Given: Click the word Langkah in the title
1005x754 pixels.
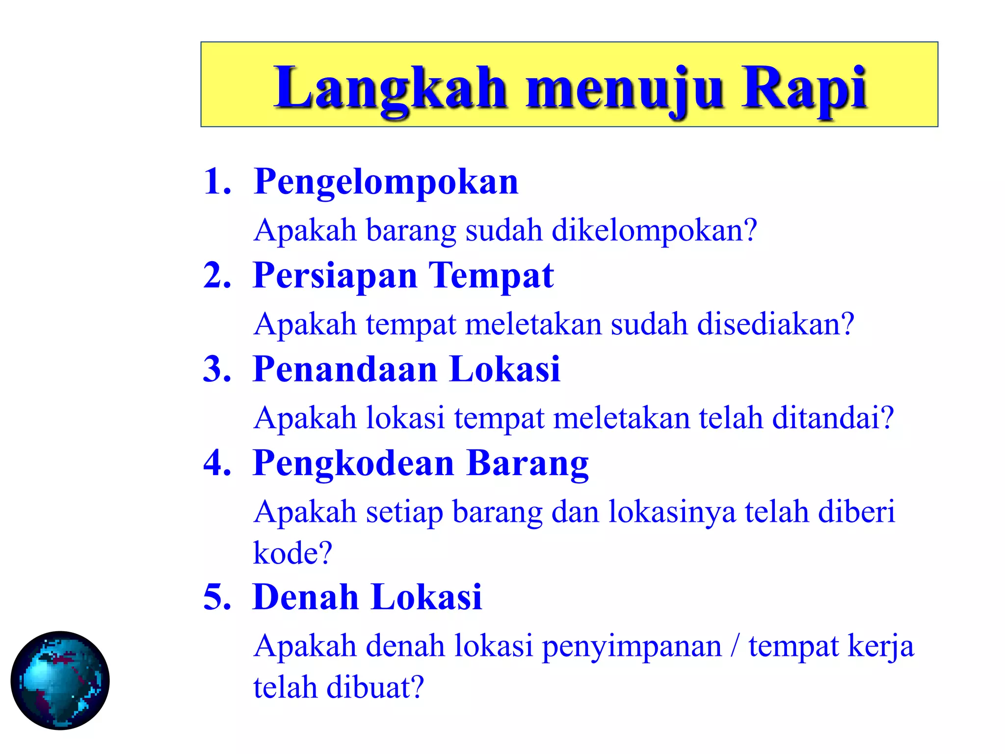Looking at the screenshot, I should [x=390, y=88].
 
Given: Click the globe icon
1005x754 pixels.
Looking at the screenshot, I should [x=60, y=680].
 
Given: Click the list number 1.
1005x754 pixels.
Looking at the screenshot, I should [x=216, y=182].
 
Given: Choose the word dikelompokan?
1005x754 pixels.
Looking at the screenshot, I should [x=655, y=231].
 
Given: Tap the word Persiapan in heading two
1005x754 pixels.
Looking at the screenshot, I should [x=335, y=276].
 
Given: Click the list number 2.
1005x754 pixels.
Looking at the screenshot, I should [x=216, y=275].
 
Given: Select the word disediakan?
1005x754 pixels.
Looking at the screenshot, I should [x=776, y=324].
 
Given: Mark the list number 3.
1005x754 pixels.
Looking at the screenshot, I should [x=216, y=369].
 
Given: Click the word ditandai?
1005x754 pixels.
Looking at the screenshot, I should [x=833, y=418].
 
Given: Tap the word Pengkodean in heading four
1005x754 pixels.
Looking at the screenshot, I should [x=353, y=464].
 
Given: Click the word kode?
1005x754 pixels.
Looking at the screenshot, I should [x=292, y=553].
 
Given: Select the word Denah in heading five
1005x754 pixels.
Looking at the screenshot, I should [x=305, y=597].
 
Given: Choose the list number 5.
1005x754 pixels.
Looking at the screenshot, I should [x=216, y=597].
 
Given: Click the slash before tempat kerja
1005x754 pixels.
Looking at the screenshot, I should [x=735, y=646].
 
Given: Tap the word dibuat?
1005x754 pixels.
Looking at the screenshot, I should [x=375, y=687].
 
